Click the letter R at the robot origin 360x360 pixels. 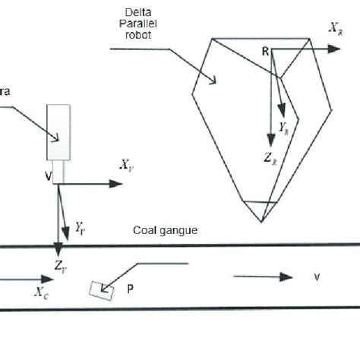[x=266, y=51]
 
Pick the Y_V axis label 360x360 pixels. [x=81, y=226]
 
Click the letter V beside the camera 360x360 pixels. [x=49, y=175]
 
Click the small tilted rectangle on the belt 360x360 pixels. [x=99, y=289]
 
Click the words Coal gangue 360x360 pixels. [x=165, y=229]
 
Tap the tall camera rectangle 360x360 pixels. [x=58, y=132]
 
